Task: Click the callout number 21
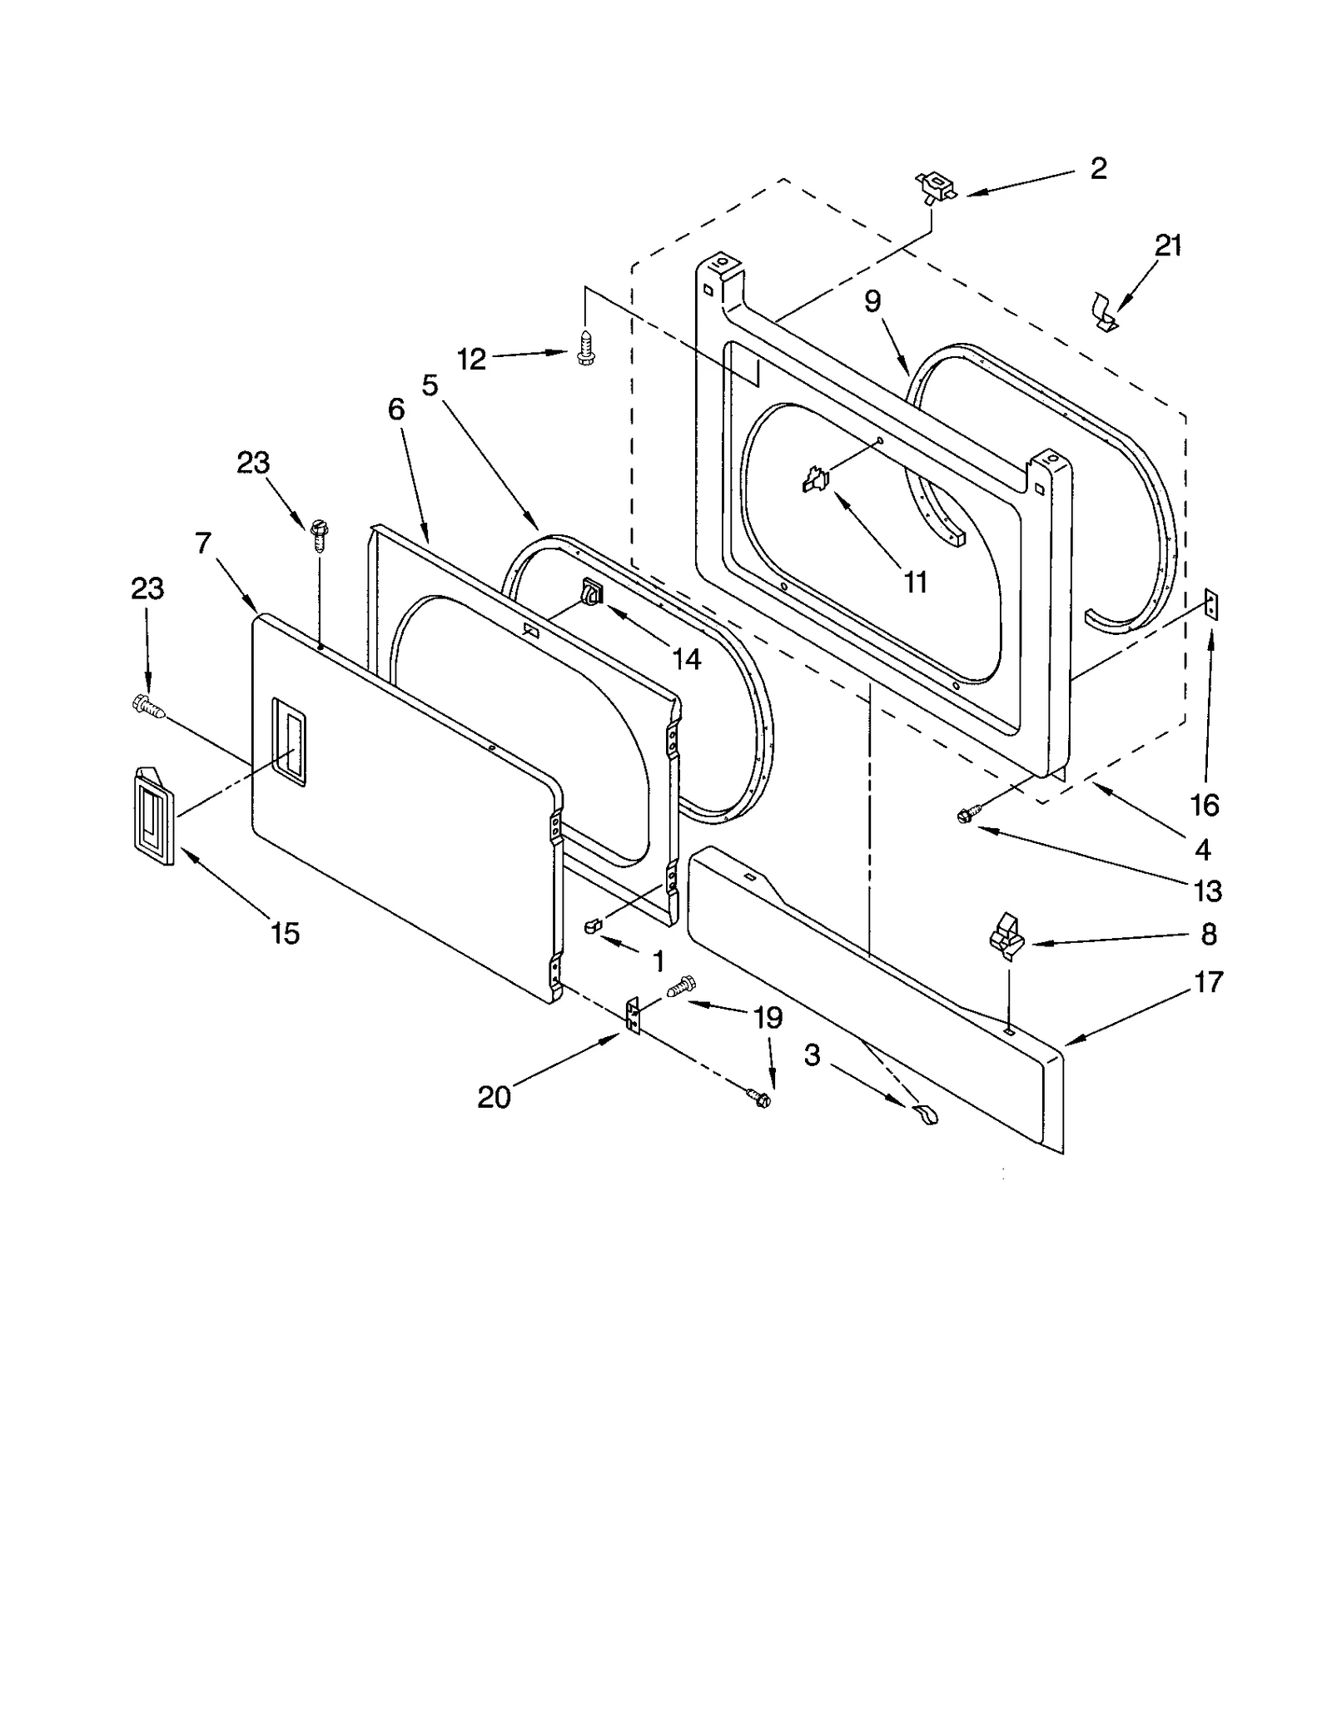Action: click(x=1168, y=246)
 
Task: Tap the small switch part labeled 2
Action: click(x=935, y=186)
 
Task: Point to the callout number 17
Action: click(x=1208, y=982)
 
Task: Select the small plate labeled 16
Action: click(x=1212, y=605)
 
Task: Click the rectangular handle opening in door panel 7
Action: click(x=288, y=741)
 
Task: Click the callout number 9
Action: click(x=872, y=301)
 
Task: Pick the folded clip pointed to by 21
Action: click(x=1105, y=312)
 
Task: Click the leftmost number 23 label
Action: click(x=147, y=588)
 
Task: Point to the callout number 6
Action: click(x=395, y=409)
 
